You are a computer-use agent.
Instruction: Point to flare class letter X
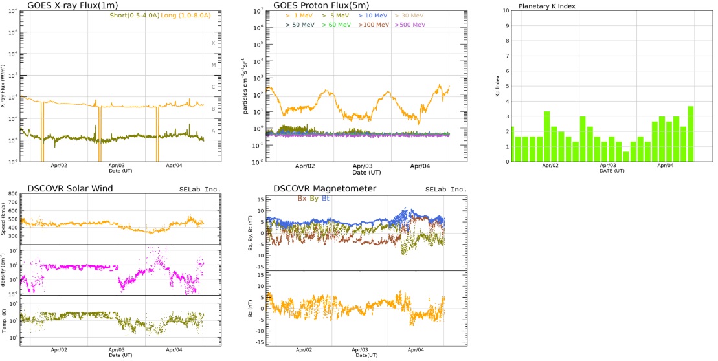tap(213, 43)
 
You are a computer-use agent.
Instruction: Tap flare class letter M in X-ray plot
tap(213, 65)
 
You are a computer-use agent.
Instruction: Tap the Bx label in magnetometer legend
tap(302, 198)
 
